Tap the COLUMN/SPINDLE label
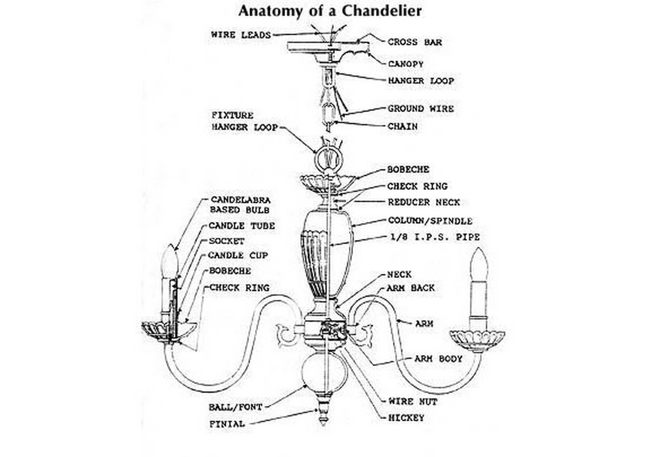click(430, 221)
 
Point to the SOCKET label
click(226, 241)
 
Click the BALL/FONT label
click(235, 407)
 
